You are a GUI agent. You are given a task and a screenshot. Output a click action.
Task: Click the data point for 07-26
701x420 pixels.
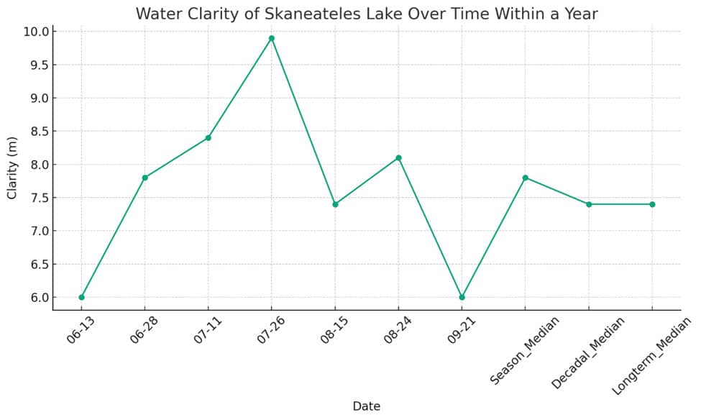(x=272, y=38)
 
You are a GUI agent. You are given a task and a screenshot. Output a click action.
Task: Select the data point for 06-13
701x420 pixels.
(x=81, y=297)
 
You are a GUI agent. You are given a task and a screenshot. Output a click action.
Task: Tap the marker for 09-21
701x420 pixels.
(x=462, y=297)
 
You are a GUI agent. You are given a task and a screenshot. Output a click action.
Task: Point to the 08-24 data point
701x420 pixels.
(x=398, y=157)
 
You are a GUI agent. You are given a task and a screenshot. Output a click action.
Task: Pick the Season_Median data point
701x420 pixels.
(x=526, y=178)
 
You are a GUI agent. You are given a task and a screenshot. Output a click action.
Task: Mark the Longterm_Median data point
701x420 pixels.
(x=652, y=204)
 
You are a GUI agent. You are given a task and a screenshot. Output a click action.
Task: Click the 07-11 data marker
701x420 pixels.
(x=208, y=137)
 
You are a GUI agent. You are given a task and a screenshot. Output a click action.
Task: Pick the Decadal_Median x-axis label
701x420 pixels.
(x=587, y=352)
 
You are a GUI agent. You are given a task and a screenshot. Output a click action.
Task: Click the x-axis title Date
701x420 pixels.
(x=366, y=406)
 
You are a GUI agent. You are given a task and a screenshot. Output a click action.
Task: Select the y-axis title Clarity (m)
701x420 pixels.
(x=12, y=168)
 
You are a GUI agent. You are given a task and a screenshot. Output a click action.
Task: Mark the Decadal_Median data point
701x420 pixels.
(x=589, y=204)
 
